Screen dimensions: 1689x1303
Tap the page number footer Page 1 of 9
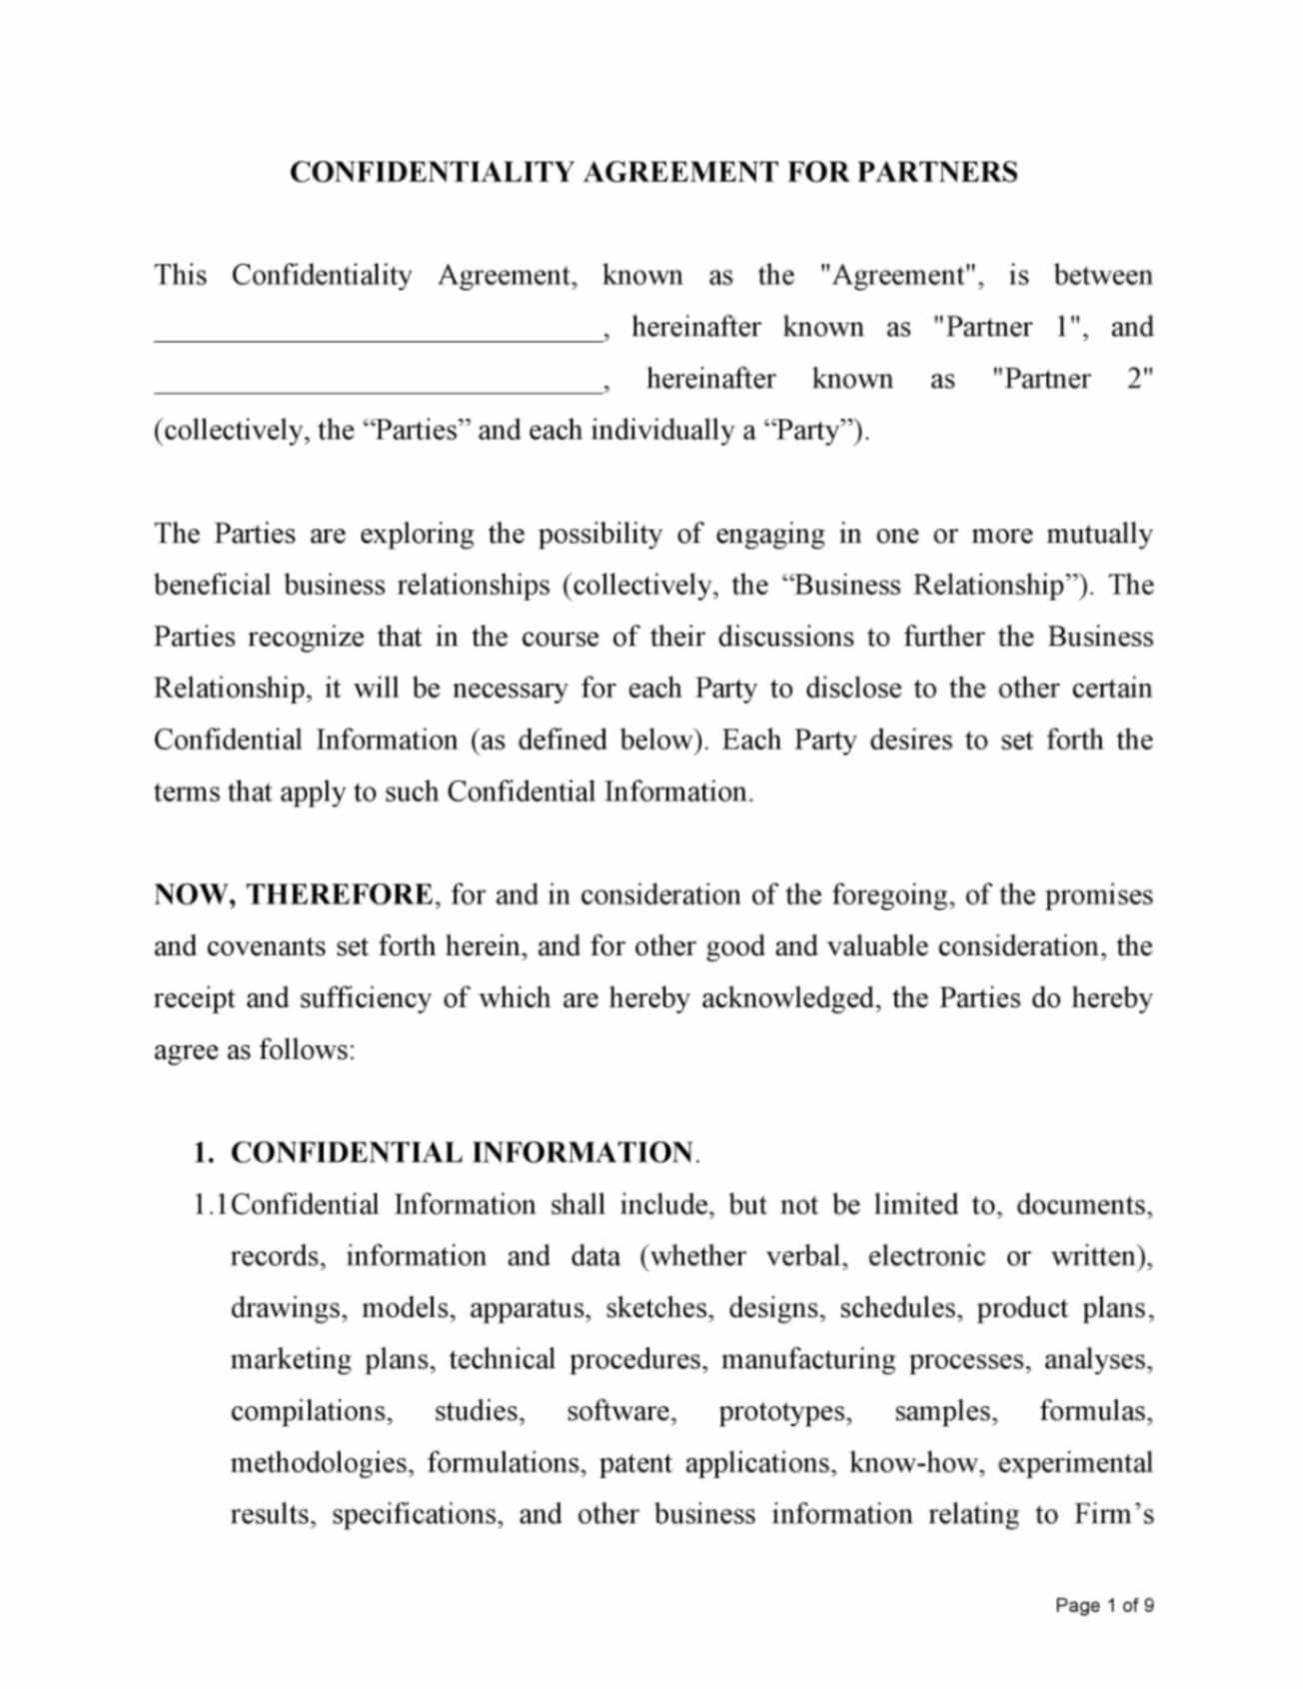pos(1104,1605)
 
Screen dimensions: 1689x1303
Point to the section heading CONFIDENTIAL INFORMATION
pos(461,1152)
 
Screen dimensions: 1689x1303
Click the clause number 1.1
pos(211,1205)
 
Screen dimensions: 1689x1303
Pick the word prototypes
pos(784,1411)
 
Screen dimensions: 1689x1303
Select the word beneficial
pos(212,585)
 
